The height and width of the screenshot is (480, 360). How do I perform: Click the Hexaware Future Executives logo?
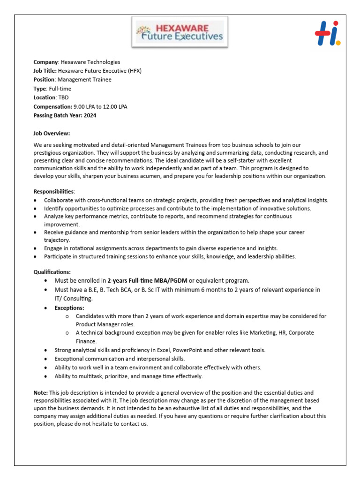tap(181, 32)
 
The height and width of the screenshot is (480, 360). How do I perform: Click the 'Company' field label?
tap(45, 62)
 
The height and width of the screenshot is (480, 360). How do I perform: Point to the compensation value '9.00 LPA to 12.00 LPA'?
tap(100, 106)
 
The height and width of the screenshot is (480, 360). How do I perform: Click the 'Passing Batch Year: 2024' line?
tap(65, 115)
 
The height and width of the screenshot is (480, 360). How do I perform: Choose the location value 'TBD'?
tap(63, 97)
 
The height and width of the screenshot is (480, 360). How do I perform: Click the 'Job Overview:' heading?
tap(52, 133)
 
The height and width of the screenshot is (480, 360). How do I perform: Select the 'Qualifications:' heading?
tap(52, 272)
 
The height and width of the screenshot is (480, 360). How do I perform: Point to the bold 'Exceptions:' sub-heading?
tap(69, 308)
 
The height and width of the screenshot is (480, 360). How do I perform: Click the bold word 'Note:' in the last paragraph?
tap(41, 392)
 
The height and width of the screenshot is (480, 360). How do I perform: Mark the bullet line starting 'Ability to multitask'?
tap(129, 376)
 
